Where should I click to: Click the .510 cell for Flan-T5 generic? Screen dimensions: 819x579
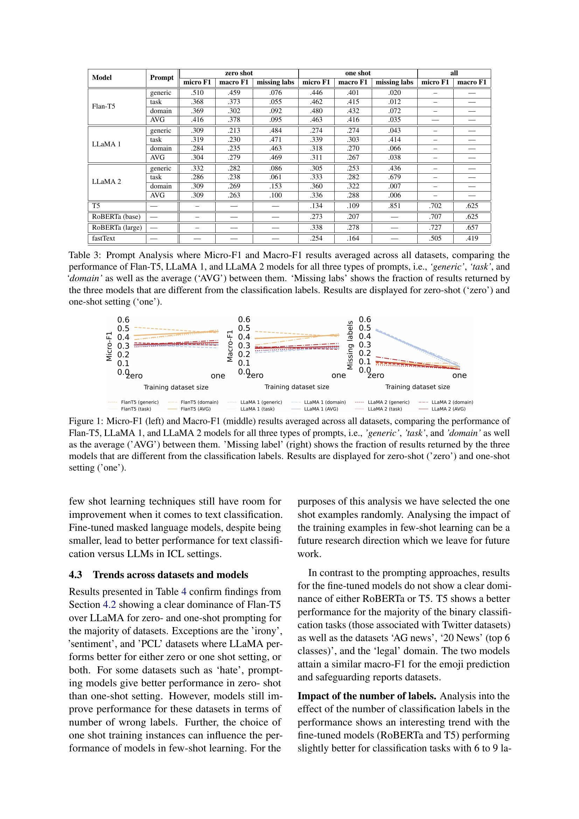197,93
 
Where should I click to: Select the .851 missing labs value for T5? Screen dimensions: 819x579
394,206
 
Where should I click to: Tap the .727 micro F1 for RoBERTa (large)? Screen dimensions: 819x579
435,228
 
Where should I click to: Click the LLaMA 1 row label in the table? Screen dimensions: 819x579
106,144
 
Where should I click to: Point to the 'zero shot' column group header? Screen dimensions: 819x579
238,73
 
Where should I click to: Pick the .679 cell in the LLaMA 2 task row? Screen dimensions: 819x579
394,177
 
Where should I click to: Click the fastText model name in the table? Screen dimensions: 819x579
103,238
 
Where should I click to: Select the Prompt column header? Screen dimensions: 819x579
161,78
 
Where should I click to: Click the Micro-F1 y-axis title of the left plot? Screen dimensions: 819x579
109,346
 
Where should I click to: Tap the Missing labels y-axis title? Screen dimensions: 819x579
350,345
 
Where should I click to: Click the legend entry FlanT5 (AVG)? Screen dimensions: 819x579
195,409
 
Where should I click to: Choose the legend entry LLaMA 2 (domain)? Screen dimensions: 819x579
452,402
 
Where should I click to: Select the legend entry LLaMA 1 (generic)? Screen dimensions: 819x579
261,402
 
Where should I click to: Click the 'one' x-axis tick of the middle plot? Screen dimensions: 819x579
339,375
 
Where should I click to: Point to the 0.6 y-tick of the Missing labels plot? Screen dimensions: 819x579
365,319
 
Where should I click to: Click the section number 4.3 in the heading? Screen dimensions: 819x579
75,575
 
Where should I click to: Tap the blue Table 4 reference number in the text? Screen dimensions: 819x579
184,592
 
